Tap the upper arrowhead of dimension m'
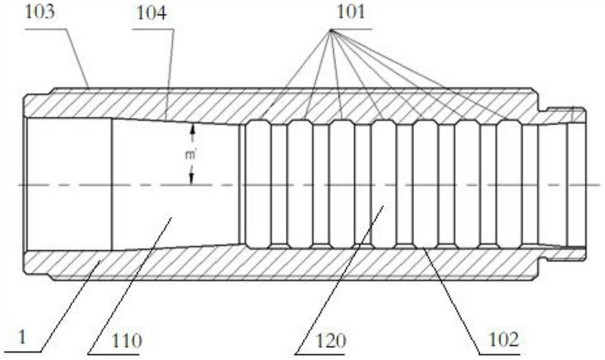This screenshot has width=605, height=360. click(x=192, y=129)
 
